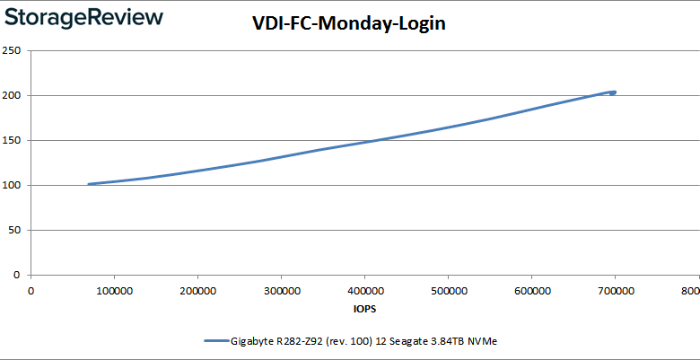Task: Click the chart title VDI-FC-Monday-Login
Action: [x=349, y=24]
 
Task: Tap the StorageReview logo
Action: [x=83, y=17]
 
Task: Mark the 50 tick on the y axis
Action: [x=15, y=230]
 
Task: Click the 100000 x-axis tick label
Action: [x=114, y=290]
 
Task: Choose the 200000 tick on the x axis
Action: [x=197, y=290]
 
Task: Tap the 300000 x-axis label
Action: [x=281, y=290]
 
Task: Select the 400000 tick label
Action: [x=364, y=290]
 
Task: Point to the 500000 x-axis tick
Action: [x=448, y=290]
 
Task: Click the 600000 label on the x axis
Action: [x=531, y=290]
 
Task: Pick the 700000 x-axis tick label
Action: [x=615, y=290]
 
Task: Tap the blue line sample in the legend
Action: [x=216, y=341]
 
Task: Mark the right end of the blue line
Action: [x=615, y=92]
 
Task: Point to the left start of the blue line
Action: [x=88, y=184]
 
